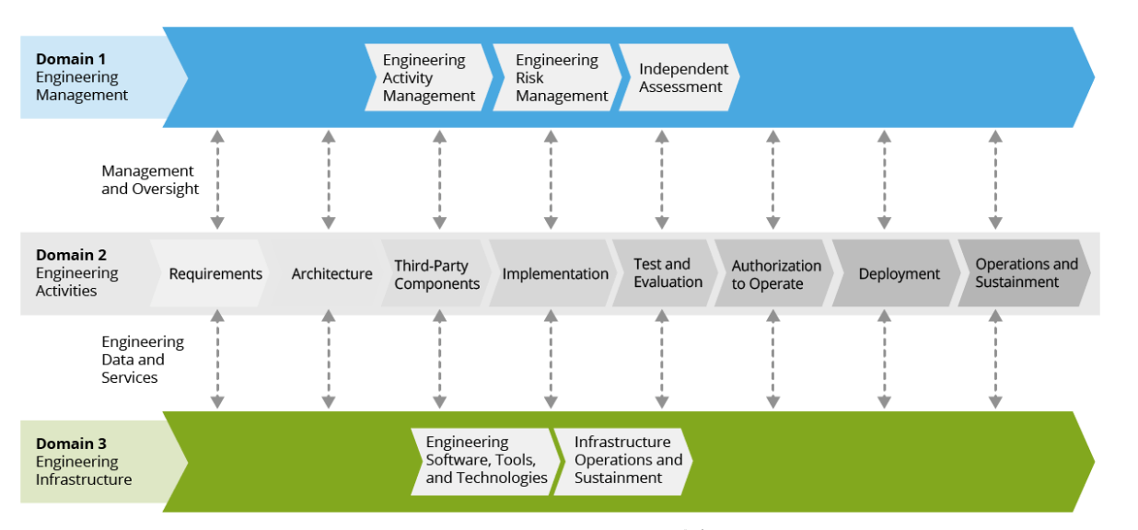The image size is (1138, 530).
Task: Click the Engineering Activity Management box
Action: pyautogui.click(x=429, y=77)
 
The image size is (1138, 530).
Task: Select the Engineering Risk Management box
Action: pyautogui.click(x=557, y=77)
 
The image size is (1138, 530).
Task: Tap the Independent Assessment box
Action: pyautogui.click(x=679, y=77)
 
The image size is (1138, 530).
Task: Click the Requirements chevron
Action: pyautogui.click(x=209, y=273)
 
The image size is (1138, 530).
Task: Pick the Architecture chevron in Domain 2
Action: pyautogui.click(x=328, y=273)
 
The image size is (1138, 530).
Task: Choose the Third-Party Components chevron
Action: pyautogui.click(x=436, y=273)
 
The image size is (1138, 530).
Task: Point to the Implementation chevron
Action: pyautogui.click(x=552, y=273)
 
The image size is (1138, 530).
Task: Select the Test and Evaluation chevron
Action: pyautogui.click(x=665, y=273)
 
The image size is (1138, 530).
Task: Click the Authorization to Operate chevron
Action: pyautogui.click(x=774, y=273)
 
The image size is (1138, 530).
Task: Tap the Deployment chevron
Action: pyautogui.click(x=897, y=273)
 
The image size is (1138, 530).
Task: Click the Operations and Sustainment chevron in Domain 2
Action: pyautogui.click(x=1024, y=273)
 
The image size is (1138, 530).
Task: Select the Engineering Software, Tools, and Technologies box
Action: pyautogui.click(x=486, y=462)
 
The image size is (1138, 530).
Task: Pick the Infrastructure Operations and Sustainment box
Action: pyautogui.click(x=623, y=462)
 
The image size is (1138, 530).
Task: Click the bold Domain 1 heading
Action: pyautogui.click(x=71, y=59)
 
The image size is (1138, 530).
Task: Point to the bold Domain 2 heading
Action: pyautogui.click(x=71, y=254)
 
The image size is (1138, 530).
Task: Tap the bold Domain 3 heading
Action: pyautogui.click(x=71, y=444)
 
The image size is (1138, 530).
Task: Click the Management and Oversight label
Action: pyautogui.click(x=150, y=179)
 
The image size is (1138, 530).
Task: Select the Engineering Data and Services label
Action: pyautogui.click(x=143, y=360)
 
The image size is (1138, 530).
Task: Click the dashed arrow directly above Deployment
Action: pyautogui.click(x=885, y=179)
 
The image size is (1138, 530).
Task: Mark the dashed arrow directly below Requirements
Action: pyautogui.click(x=217, y=360)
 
